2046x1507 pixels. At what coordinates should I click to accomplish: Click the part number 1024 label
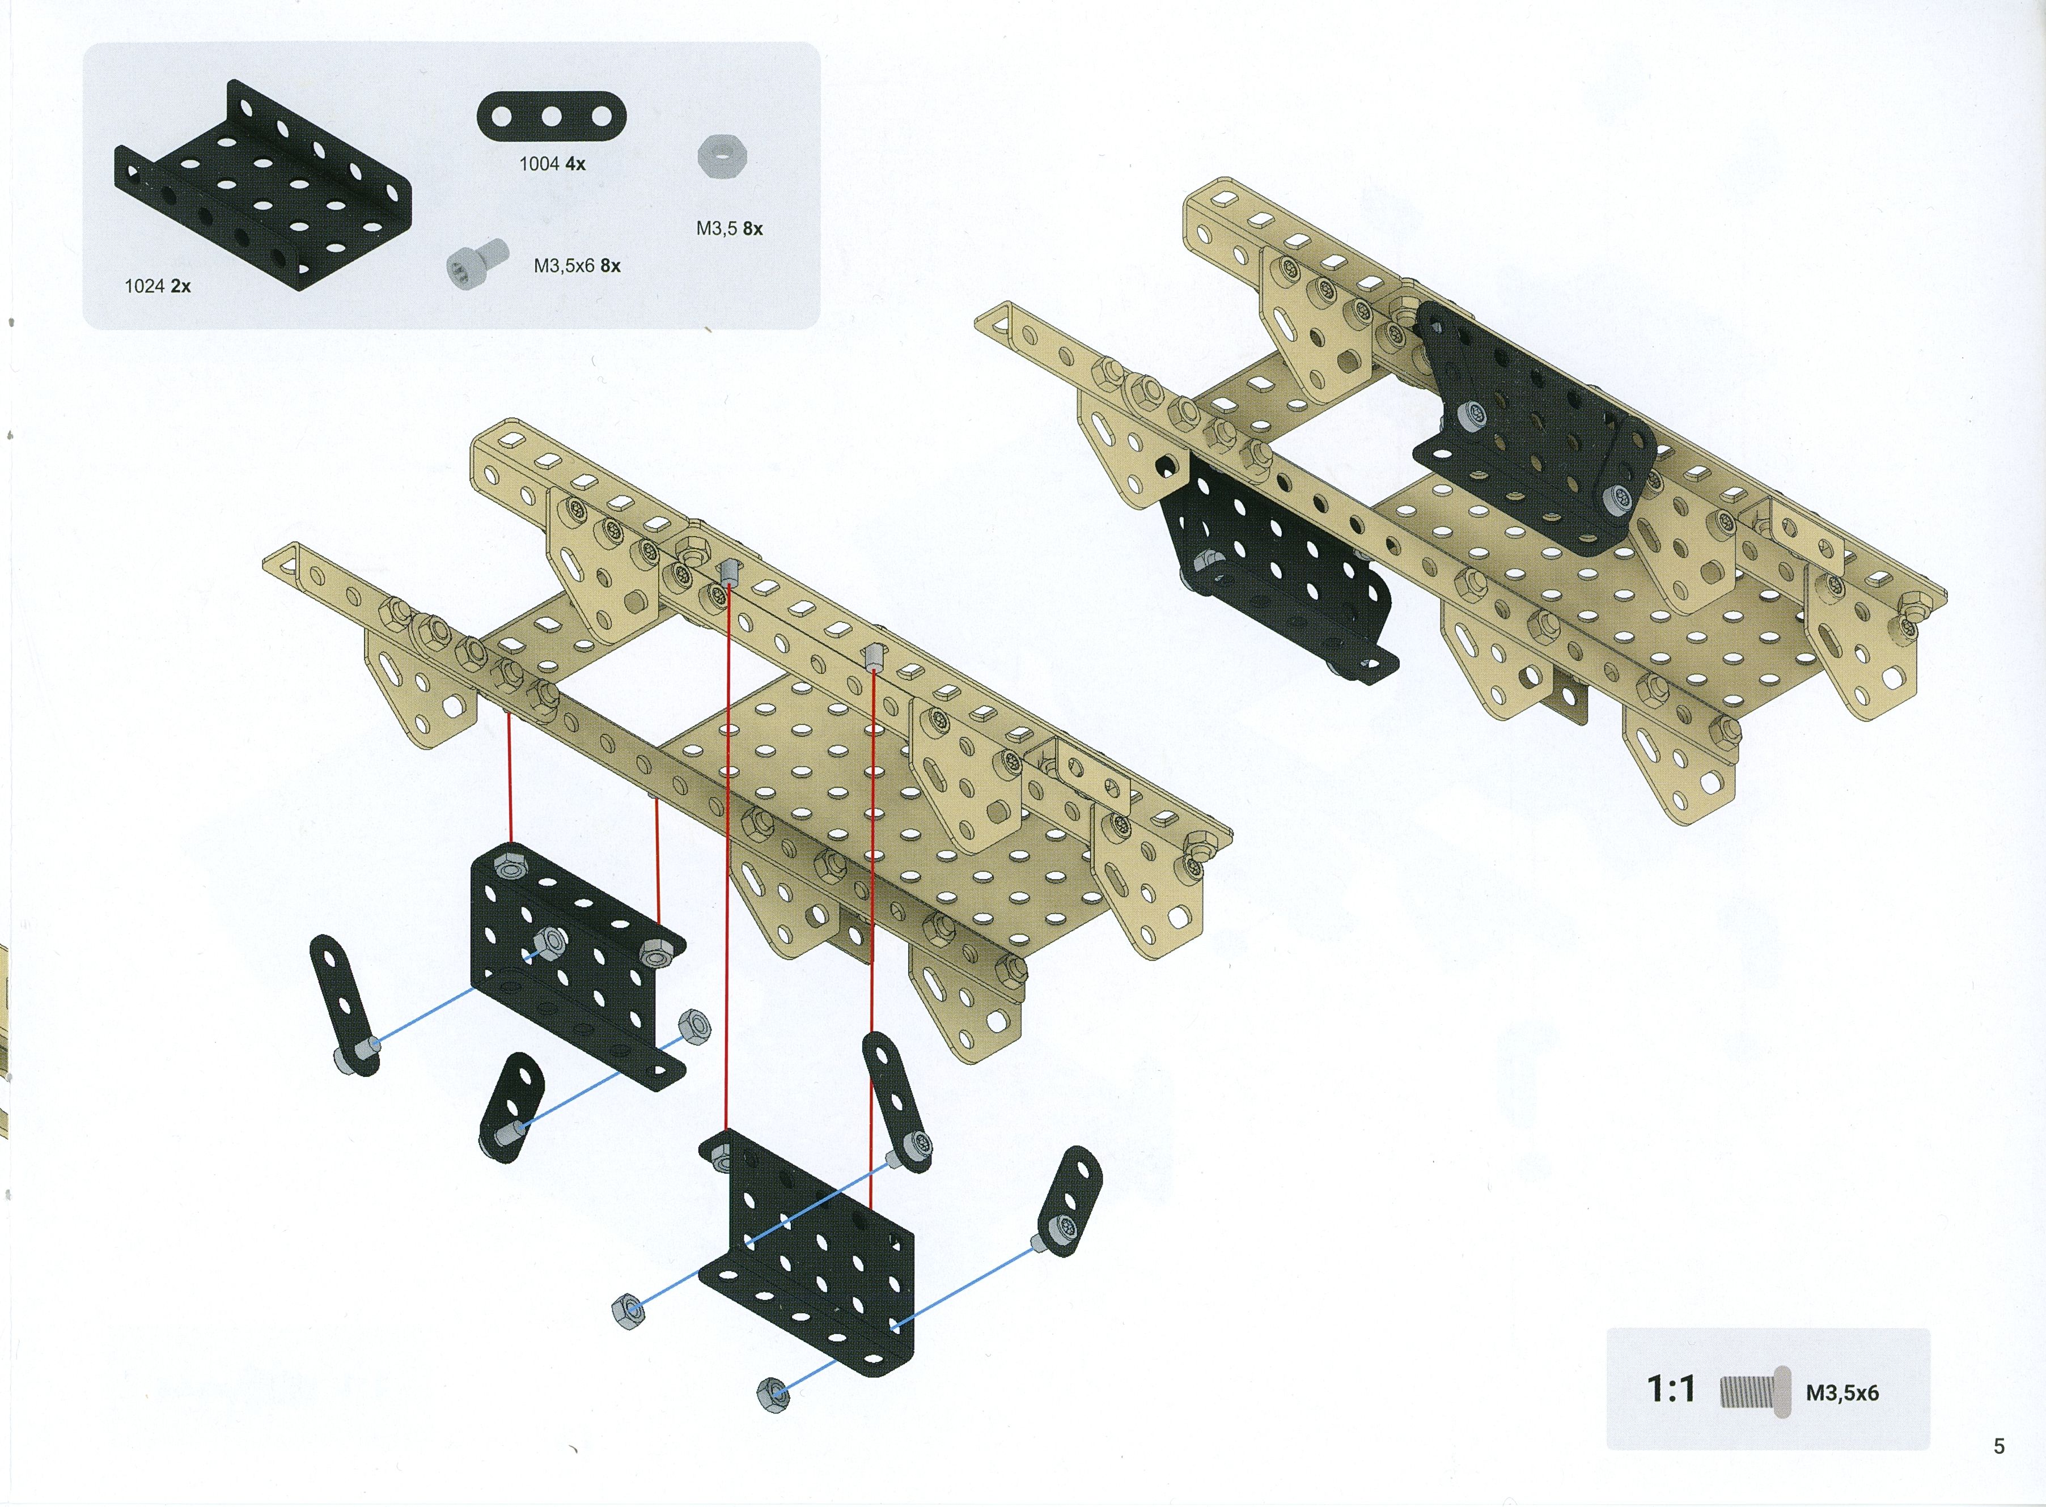(144, 286)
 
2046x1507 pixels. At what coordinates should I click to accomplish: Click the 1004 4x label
(552, 164)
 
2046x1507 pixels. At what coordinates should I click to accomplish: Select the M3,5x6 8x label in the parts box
(577, 265)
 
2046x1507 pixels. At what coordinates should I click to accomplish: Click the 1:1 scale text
(1671, 1389)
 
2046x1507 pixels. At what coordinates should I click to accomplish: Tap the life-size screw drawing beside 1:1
(1754, 1392)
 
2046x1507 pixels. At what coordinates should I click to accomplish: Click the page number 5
(1998, 1446)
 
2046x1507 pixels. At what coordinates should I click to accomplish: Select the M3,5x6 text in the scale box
(1842, 1393)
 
